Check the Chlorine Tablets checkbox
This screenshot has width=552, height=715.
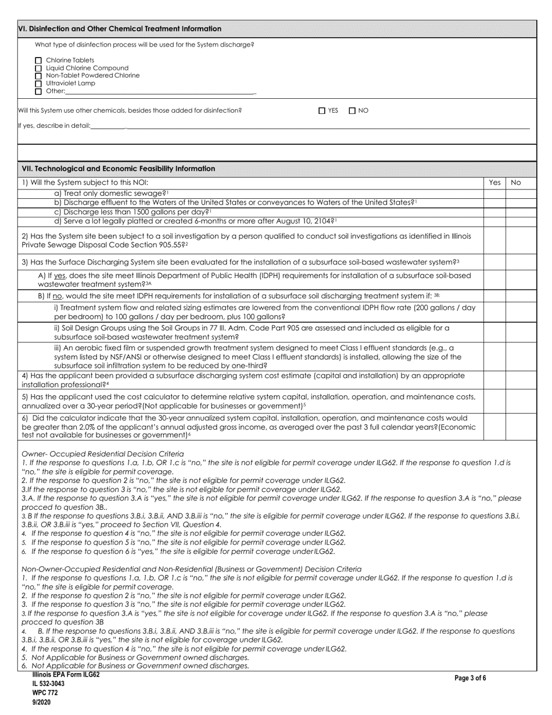(x=39, y=60)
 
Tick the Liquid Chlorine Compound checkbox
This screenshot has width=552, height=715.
(x=39, y=68)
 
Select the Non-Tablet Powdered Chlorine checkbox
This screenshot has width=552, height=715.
(x=39, y=76)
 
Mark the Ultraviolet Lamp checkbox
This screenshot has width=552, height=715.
(x=39, y=83)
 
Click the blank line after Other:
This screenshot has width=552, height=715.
(x=160, y=91)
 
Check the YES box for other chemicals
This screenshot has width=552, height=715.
(x=322, y=111)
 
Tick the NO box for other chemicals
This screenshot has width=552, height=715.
(x=352, y=111)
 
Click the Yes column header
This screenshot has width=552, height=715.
(x=494, y=183)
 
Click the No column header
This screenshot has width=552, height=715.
(x=516, y=183)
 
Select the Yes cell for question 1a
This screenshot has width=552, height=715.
(x=494, y=193)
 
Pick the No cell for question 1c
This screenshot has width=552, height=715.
(x=516, y=212)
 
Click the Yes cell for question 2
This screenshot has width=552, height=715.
(x=494, y=241)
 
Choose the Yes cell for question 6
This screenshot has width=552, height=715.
(x=494, y=427)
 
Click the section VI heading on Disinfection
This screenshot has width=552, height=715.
(x=120, y=28)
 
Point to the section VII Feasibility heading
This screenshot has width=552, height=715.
(x=118, y=169)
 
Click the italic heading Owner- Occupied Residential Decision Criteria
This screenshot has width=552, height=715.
(x=102, y=453)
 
